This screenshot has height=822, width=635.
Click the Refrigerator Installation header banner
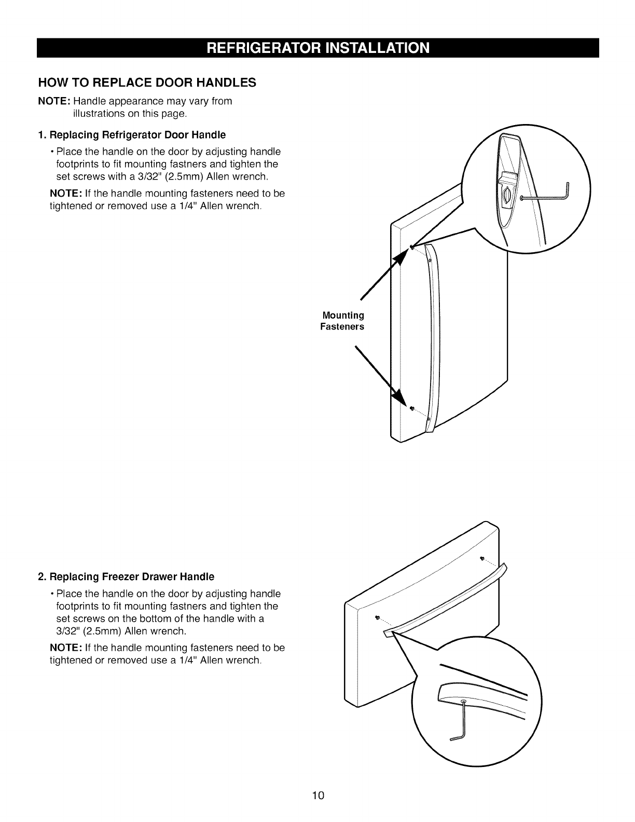(317, 48)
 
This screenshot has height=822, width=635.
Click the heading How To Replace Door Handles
(147, 83)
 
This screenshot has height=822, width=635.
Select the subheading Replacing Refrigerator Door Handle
(132, 135)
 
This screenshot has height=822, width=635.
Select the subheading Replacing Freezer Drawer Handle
(126, 577)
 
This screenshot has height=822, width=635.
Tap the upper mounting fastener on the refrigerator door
(411, 247)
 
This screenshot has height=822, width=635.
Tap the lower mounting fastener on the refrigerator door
(411, 408)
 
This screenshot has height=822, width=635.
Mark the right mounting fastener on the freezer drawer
(482, 558)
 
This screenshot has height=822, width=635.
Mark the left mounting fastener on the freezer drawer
(377, 617)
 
